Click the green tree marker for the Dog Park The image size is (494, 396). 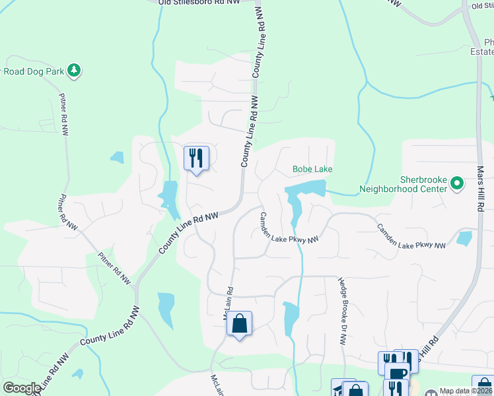click(x=75, y=70)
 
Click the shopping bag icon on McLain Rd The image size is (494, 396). click(x=239, y=323)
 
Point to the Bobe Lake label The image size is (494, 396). click(x=312, y=170)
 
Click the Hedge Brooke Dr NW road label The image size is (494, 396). click(x=342, y=311)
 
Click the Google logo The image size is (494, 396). click(x=22, y=387)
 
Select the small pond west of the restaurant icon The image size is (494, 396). click(x=117, y=157)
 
